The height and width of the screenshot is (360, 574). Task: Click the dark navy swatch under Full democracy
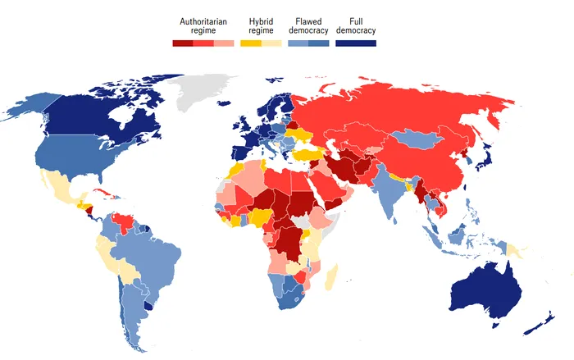coord(356,42)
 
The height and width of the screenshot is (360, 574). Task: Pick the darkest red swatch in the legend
coord(182,42)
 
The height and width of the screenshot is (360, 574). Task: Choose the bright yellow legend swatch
coord(251,42)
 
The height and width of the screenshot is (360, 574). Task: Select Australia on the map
coord(484,288)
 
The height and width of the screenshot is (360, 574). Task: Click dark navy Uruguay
coord(148,305)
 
